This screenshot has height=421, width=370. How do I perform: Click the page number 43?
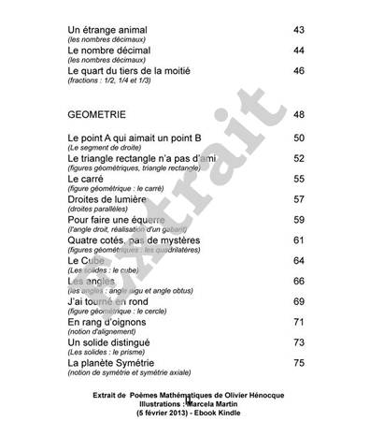click(x=299, y=30)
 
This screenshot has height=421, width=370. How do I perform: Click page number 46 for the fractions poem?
click(x=299, y=71)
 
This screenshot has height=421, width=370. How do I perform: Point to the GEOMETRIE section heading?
click(x=103, y=115)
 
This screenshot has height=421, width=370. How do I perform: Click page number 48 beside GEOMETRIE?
click(x=299, y=115)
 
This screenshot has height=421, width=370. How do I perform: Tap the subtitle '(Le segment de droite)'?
click(x=103, y=149)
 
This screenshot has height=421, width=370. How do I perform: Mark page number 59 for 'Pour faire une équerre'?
click(x=299, y=220)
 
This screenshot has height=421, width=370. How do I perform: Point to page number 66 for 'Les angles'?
click(x=299, y=281)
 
